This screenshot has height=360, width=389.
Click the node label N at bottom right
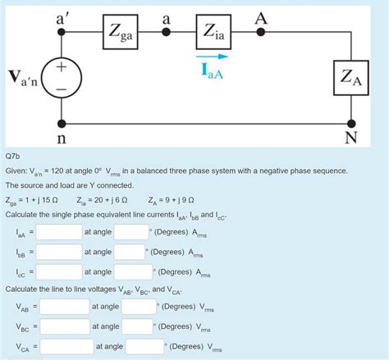click(x=351, y=136)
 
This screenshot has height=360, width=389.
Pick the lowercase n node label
click(x=62, y=135)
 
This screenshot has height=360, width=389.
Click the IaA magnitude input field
click(x=58, y=232)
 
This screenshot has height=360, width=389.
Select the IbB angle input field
click(x=130, y=252)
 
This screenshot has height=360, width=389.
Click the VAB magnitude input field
click(x=64, y=307)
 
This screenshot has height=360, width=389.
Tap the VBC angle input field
click(x=139, y=326)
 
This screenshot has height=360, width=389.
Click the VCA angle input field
click(x=144, y=346)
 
